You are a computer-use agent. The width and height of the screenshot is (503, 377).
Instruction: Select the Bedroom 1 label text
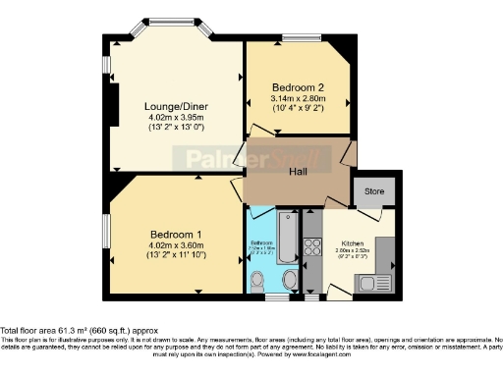[176, 234]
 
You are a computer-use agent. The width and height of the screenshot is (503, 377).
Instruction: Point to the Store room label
[374, 190]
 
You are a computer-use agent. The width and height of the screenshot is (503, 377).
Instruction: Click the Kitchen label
[353, 242]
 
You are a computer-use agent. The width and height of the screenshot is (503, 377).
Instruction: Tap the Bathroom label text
[261, 242]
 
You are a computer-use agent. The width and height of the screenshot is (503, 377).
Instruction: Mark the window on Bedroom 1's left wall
[106, 232]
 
